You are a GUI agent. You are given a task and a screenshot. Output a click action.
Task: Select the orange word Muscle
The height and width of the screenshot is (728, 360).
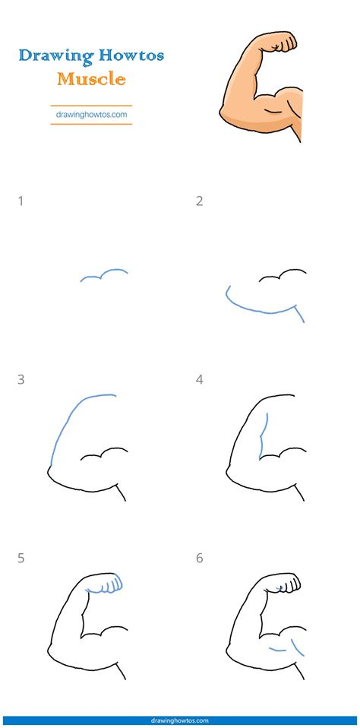[91, 78]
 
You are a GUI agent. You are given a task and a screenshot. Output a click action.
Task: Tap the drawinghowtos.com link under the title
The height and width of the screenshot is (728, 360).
[91, 115]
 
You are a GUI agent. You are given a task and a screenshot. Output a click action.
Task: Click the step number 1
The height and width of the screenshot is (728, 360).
[21, 201]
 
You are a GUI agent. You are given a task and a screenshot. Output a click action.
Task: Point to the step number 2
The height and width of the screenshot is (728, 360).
[199, 201]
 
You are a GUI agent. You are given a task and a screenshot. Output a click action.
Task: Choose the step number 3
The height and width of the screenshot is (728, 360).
[21, 379]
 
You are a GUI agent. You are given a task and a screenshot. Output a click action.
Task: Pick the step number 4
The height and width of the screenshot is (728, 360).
[199, 379]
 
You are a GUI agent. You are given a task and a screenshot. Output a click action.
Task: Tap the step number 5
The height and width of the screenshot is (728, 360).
[21, 558]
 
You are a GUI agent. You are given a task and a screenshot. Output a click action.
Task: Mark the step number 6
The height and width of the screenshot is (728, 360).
[199, 558]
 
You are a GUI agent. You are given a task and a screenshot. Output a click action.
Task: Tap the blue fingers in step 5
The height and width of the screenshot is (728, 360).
[108, 585]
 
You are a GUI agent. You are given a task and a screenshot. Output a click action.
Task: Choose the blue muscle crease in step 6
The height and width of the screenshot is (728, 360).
[283, 647]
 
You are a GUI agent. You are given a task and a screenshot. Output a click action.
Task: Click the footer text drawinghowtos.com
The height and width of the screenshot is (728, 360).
[180, 720]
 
